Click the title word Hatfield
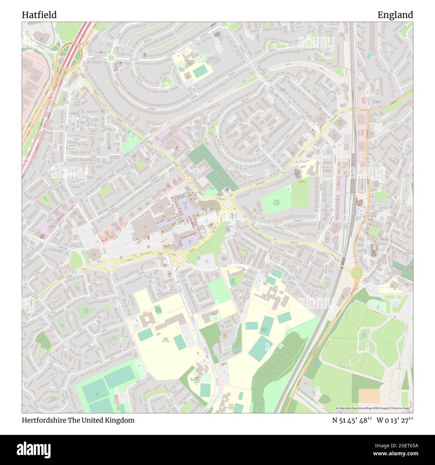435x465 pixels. tap(39, 15)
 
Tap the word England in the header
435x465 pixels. tap(395, 15)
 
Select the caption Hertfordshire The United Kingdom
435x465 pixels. tap(78, 420)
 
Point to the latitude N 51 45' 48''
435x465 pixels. tap(352, 420)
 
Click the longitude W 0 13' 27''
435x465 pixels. tap(395, 420)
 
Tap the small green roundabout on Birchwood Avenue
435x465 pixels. tap(111, 58)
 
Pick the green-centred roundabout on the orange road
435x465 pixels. tap(356, 273)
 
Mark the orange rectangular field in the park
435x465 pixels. tap(369, 396)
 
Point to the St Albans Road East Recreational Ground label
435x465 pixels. tap(276, 202)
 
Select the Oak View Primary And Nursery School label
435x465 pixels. tap(231, 407)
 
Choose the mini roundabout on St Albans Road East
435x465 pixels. tap(321, 133)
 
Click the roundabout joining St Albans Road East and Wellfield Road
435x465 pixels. tap(229, 203)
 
